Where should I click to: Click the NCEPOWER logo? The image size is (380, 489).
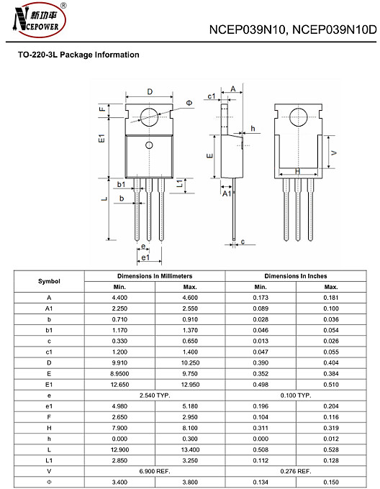tap(38, 19)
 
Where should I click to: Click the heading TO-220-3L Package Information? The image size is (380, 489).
tap(78, 55)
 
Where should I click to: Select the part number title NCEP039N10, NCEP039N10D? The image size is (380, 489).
tap(292, 30)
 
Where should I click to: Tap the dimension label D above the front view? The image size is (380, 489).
tap(150, 91)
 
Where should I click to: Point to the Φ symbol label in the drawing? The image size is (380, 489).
tap(189, 104)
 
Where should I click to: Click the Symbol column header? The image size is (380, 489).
tap(49, 281)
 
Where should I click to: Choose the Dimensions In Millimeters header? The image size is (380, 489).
tap(155, 276)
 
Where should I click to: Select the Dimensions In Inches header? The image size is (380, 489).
tap(295, 276)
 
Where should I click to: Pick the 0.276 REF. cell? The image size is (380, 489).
tap(295, 470)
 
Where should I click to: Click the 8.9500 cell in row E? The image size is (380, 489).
tap(119, 374)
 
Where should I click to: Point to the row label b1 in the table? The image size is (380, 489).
tap(49, 328)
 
